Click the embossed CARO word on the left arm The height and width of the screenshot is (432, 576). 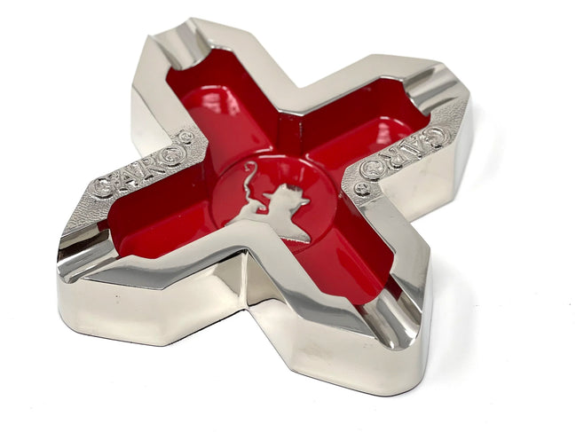(x=138, y=166)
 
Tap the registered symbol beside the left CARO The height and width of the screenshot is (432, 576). (x=185, y=137)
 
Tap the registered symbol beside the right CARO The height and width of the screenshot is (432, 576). (x=360, y=189)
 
